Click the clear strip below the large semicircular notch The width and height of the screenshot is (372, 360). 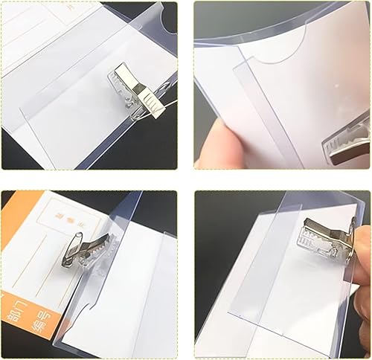click(x=246, y=112)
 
